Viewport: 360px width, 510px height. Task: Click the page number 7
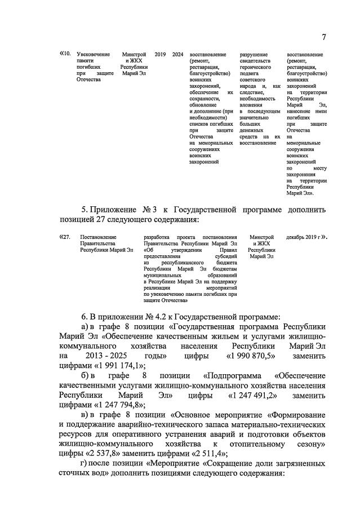324,37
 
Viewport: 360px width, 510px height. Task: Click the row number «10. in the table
65,54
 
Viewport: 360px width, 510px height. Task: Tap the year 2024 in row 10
178,54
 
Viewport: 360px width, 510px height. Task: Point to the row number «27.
65,237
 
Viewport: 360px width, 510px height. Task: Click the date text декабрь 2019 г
304,237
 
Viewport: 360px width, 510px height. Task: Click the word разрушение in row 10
253,54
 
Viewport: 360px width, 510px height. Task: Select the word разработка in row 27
158,237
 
